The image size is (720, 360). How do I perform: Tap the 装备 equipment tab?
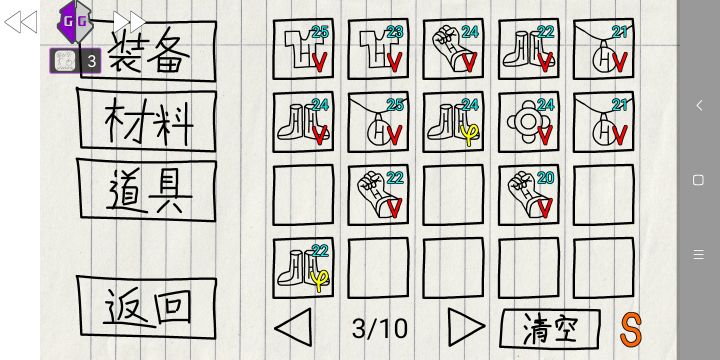click(148, 51)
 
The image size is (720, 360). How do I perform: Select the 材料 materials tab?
click(147, 120)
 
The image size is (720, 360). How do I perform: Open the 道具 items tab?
click(147, 190)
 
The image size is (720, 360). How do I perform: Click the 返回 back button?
click(147, 307)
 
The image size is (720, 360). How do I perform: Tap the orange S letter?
click(630, 329)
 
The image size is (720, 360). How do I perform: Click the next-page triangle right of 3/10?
click(466, 327)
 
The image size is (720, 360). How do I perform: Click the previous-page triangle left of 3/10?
click(293, 327)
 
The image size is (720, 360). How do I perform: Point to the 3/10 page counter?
click(380, 328)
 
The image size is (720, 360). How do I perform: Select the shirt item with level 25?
click(304, 49)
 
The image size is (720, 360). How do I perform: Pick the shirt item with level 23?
click(378, 49)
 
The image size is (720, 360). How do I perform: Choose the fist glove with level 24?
click(453, 49)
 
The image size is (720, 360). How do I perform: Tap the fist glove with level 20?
click(529, 195)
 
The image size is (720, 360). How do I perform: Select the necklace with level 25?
click(378, 122)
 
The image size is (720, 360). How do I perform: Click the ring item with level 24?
click(529, 122)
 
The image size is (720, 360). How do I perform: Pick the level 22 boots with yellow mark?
click(304, 268)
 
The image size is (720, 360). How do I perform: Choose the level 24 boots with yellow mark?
click(453, 122)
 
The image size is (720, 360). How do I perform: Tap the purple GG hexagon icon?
click(75, 22)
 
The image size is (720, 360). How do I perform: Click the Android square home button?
click(698, 180)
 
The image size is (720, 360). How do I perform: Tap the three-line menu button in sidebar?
click(698, 254)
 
